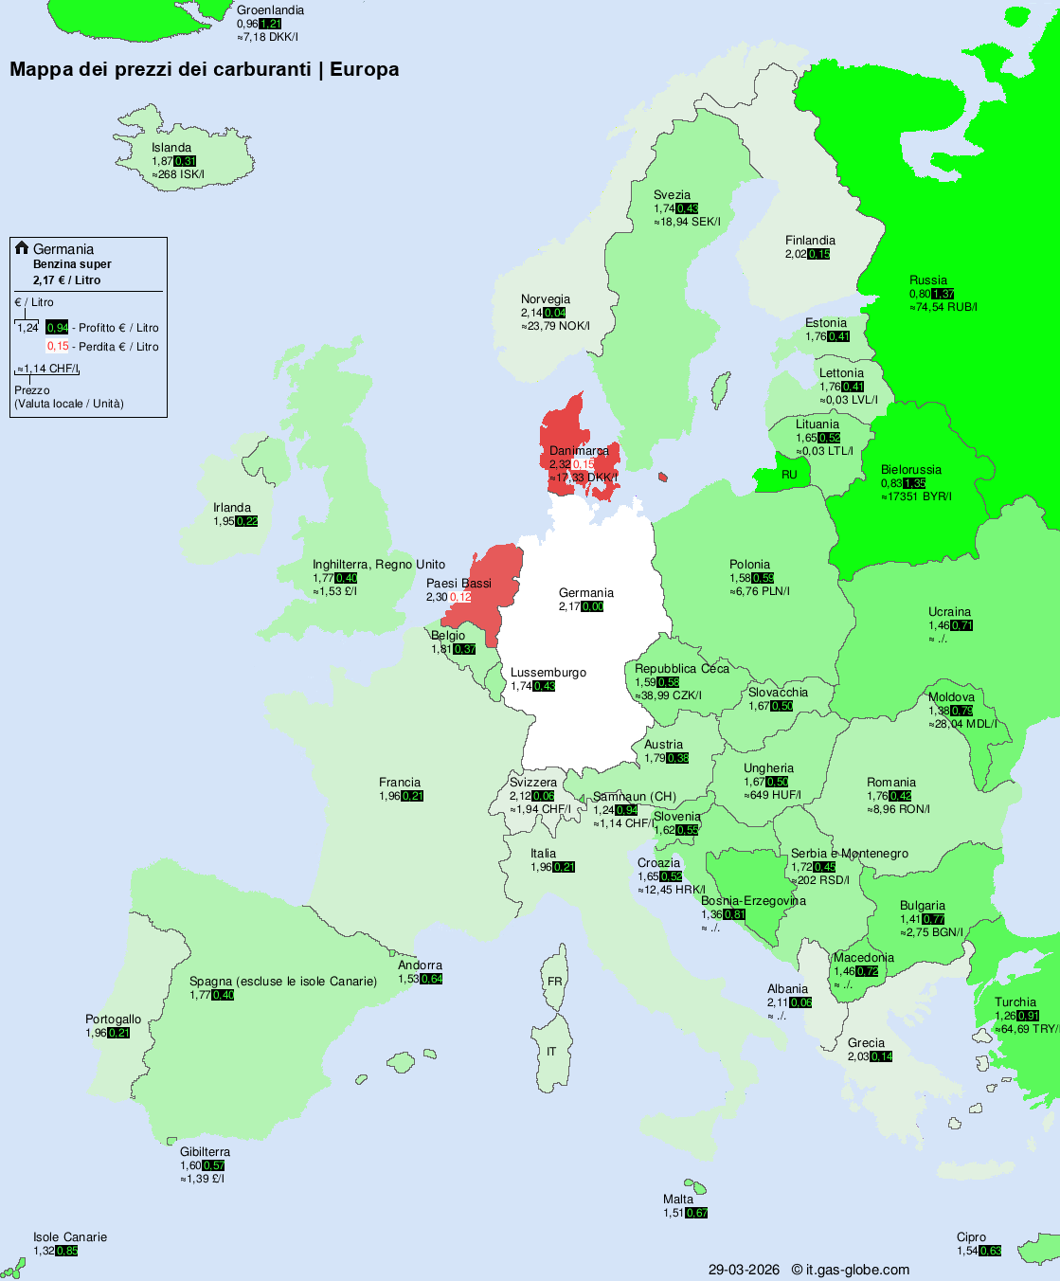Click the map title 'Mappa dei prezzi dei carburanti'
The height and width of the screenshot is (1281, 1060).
(x=161, y=69)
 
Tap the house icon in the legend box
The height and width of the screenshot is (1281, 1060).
(x=22, y=248)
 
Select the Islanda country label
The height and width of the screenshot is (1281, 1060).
(x=171, y=148)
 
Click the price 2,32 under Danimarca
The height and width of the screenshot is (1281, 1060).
(x=560, y=464)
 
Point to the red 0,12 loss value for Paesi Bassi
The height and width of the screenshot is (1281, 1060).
(x=460, y=597)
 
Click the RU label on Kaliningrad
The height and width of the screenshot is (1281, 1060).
(x=789, y=475)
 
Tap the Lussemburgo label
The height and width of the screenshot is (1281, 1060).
(x=548, y=673)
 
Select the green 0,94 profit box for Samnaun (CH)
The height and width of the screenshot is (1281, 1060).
(x=626, y=810)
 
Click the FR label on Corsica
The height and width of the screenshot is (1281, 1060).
(x=555, y=982)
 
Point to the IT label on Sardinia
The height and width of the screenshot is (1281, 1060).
(x=551, y=1052)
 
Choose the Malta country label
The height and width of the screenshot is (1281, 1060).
(x=678, y=1200)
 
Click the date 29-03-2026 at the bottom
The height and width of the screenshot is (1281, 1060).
(x=744, y=1270)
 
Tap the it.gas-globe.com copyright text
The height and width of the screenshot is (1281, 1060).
(x=850, y=1270)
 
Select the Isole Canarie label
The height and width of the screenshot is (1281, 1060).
(x=70, y=1237)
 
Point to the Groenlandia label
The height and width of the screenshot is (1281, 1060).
(x=270, y=10)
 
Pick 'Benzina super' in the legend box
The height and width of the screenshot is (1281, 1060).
(x=72, y=264)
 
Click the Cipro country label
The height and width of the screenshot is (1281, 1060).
(x=971, y=1237)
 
